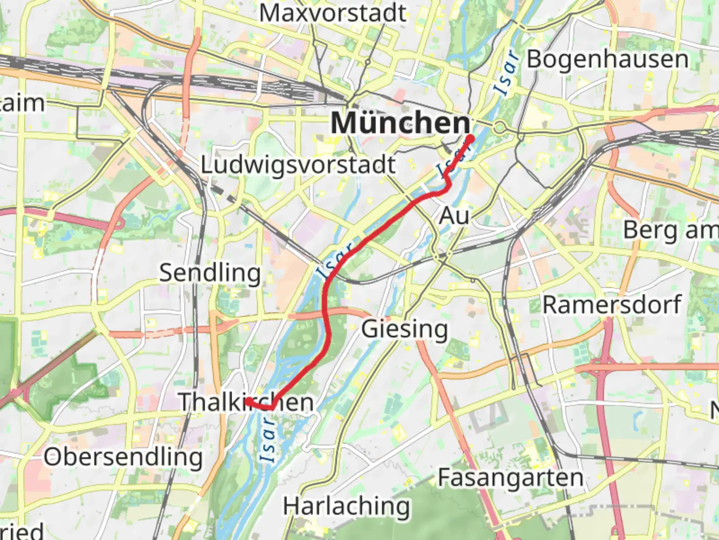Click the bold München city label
pos(400,123)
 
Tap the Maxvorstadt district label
pos(333,13)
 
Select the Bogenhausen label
pos(608,59)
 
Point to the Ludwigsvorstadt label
pos(298,165)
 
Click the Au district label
pos(454,216)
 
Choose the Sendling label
pos(210,273)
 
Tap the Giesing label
pos(404,329)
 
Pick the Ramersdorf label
pos(612,305)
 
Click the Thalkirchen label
pos(246,402)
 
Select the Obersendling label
pos(123,457)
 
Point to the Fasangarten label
pos(511,478)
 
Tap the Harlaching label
pos(347,506)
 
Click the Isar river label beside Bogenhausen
pos(507,73)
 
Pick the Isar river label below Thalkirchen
pos(268,439)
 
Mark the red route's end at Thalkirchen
pos(248,401)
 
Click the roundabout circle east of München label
pos(499,127)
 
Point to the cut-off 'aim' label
pos(22,103)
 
